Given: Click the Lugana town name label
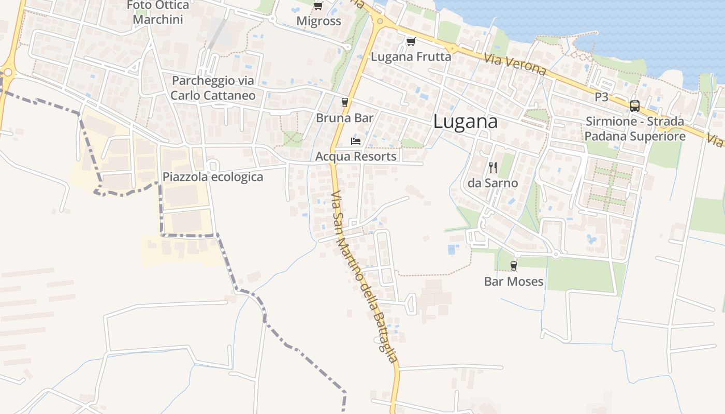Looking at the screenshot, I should click(x=465, y=122).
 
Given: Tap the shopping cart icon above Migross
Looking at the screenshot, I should click(x=318, y=6).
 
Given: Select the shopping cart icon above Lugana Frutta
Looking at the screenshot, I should click(x=411, y=41).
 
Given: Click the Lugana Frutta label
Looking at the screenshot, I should click(x=411, y=56).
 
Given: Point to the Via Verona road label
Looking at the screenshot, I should click(x=515, y=64).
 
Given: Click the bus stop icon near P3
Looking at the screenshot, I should click(x=634, y=106).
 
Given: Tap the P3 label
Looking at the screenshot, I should click(x=601, y=97).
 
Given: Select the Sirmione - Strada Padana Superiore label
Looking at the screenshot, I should click(x=635, y=129).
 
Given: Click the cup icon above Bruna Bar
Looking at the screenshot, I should click(x=345, y=102).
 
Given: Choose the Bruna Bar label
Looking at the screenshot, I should click(x=345, y=118).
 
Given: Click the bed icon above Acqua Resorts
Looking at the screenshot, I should click(x=356, y=141).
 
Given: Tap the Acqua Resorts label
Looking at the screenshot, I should click(x=356, y=156).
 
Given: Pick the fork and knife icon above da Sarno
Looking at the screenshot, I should click(x=492, y=167).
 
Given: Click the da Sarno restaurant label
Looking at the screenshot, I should click(x=492, y=183).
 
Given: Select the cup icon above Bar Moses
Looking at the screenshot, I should click(x=513, y=266).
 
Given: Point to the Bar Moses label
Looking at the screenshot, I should click(x=513, y=282).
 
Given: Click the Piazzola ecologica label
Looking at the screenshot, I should click(x=213, y=177).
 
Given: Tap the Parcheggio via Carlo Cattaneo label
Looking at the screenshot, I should click(x=213, y=88).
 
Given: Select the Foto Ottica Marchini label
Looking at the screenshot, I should click(x=158, y=13).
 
